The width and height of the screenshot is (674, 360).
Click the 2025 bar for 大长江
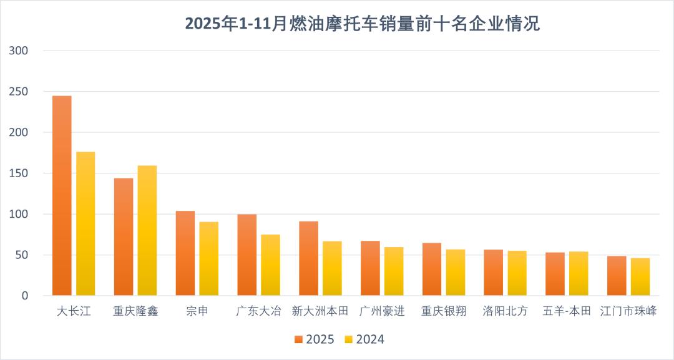pos(62,195)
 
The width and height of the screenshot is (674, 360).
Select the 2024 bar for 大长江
pos(85,223)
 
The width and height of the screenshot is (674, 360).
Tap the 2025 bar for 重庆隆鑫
pos(124,236)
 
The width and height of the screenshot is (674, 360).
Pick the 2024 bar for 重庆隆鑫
pos(147,230)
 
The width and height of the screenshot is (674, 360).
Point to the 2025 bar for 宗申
pos(185,253)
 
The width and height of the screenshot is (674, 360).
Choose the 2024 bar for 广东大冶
pos(270,265)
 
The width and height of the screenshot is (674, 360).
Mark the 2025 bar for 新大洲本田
pos(308,258)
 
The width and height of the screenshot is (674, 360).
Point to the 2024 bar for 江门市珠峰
pos(640,276)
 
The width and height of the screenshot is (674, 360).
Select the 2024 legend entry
pos(364,339)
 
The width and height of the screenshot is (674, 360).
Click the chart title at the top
pos(362,24)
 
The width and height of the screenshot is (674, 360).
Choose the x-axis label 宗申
pos(197,311)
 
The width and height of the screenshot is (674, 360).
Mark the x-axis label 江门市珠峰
pos(628,311)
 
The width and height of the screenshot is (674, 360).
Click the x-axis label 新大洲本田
pos(320,311)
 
